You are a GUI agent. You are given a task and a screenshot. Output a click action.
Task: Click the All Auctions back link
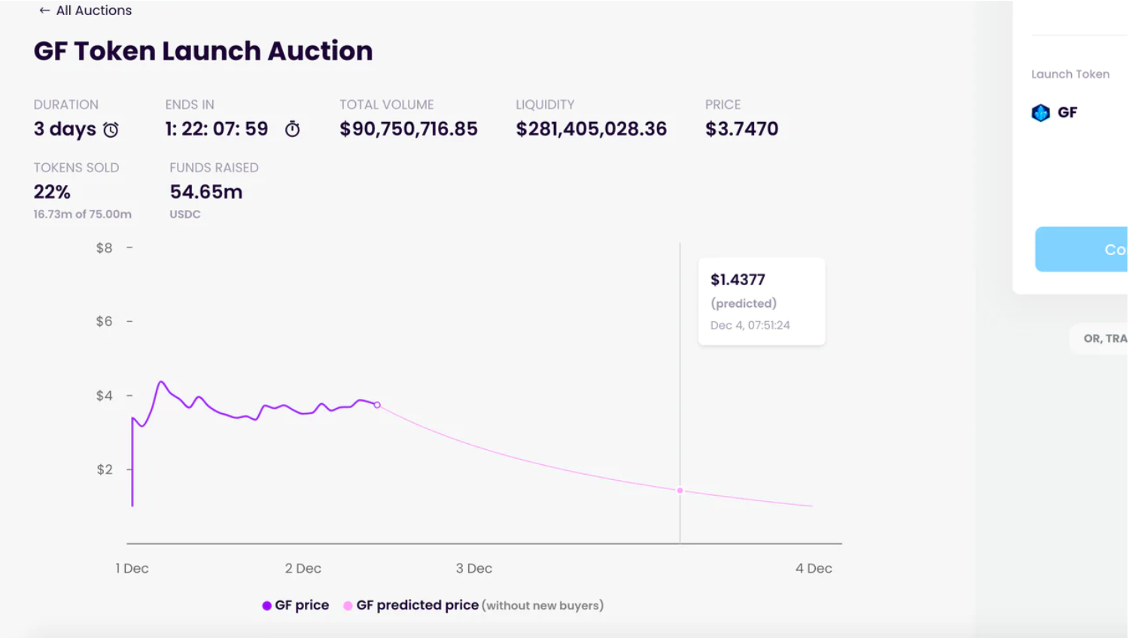click(85, 11)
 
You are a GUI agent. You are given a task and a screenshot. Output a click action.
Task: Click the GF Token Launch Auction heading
click(203, 51)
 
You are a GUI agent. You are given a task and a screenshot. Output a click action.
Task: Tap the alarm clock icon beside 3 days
click(111, 130)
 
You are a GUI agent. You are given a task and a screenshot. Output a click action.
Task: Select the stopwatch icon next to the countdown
click(292, 129)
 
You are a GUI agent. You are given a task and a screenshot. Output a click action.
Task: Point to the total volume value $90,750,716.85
click(408, 129)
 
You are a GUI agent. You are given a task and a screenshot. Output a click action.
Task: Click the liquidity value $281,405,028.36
click(591, 129)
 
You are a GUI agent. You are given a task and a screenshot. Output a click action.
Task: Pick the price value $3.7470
click(741, 129)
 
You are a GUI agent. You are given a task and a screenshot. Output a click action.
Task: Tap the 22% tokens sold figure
click(52, 192)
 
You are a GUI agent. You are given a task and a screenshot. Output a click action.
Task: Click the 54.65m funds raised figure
click(205, 192)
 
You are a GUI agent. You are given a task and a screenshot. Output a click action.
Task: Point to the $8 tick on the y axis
click(104, 248)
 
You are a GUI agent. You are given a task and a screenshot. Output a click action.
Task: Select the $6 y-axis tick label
click(104, 321)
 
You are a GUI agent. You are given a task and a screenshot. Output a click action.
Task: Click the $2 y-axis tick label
click(104, 469)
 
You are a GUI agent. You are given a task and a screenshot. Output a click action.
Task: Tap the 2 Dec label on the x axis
click(303, 569)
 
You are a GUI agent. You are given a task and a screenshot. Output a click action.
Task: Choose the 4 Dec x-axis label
click(813, 569)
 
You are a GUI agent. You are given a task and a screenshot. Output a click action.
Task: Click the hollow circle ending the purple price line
click(377, 405)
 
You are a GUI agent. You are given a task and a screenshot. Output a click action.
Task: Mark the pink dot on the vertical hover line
click(680, 491)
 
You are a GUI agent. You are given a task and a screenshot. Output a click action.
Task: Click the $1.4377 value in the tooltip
click(738, 280)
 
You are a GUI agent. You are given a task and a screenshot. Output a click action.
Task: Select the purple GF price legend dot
click(266, 606)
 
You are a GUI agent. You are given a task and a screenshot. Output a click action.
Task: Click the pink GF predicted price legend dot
click(348, 606)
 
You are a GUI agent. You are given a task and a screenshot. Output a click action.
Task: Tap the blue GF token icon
click(1040, 113)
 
